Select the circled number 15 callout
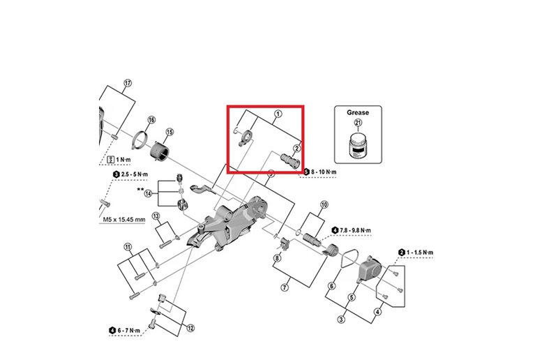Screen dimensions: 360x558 click(x=169, y=132)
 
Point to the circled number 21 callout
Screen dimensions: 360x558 click(x=358, y=123)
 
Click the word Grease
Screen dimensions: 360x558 click(x=358, y=112)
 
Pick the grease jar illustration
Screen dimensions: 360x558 click(x=358, y=146)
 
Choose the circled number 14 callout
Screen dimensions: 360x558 click(x=148, y=193)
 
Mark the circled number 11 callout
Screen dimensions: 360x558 click(x=128, y=247)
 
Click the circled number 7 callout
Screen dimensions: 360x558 click(x=285, y=287)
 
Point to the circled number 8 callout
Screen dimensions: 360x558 click(x=277, y=258)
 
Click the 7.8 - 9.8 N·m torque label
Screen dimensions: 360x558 click(x=356, y=230)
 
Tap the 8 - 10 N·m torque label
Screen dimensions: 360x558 click(x=320, y=171)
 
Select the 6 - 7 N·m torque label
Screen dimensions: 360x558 click(x=130, y=330)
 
